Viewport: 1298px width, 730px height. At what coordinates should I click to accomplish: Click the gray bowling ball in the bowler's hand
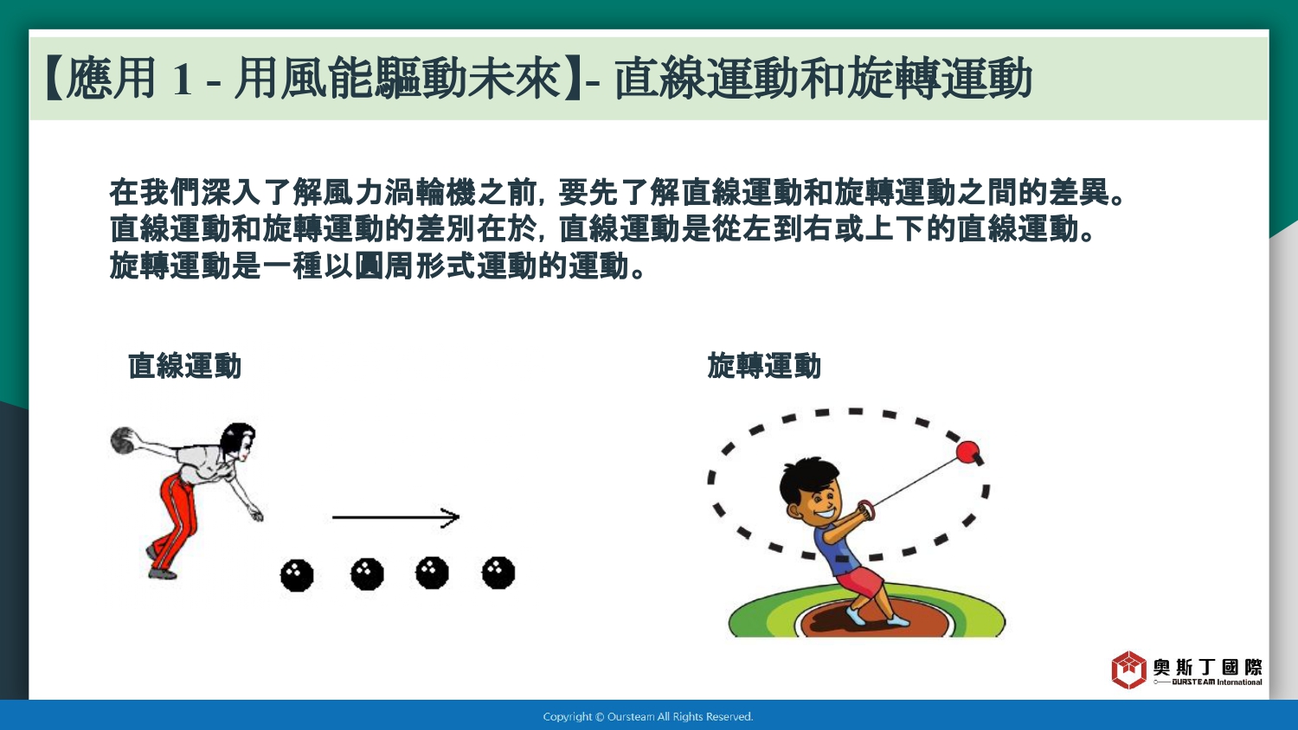point(123,440)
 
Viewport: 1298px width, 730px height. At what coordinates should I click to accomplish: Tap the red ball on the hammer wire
point(967,451)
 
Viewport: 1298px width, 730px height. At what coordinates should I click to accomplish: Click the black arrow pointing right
point(395,516)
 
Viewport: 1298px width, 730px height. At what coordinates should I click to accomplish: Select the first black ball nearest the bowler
point(297,574)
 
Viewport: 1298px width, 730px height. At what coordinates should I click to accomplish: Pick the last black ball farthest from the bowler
point(498,573)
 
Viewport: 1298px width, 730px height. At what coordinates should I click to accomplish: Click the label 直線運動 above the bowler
point(184,366)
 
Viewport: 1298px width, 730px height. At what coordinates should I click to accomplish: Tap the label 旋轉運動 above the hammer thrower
point(764,366)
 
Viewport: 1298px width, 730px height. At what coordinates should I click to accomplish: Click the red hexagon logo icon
point(1128,669)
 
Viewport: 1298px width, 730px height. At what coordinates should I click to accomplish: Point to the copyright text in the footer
point(648,717)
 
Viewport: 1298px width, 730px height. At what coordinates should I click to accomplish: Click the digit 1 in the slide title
point(182,79)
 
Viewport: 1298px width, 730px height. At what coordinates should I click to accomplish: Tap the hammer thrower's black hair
point(806,478)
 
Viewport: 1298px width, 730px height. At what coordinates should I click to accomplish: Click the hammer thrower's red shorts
point(858,582)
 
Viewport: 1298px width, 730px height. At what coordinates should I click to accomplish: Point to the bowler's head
point(239,441)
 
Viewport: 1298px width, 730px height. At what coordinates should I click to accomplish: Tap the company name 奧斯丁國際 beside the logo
point(1207,668)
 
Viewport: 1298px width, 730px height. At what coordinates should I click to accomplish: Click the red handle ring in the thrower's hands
point(865,509)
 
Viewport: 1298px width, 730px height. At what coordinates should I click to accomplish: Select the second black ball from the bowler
point(367,574)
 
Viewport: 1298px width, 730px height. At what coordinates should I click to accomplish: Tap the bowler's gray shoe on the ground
point(163,573)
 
